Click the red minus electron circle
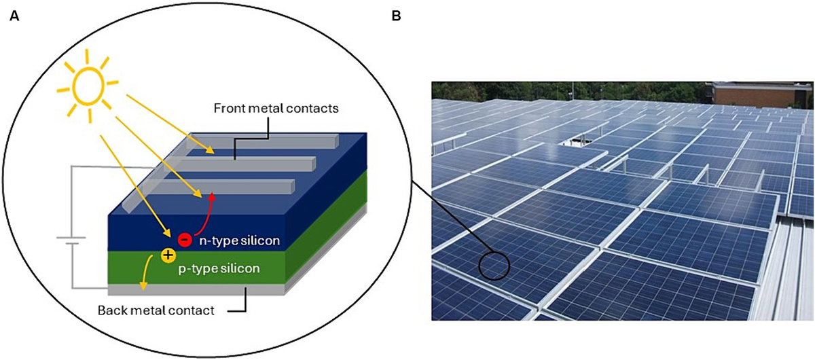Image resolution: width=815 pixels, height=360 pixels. pyautogui.click(x=184, y=239)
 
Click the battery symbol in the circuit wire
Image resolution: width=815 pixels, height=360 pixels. pyautogui.click(x=71, y=241)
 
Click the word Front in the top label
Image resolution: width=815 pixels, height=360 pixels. pyautogui.click(x=228, y=108)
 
